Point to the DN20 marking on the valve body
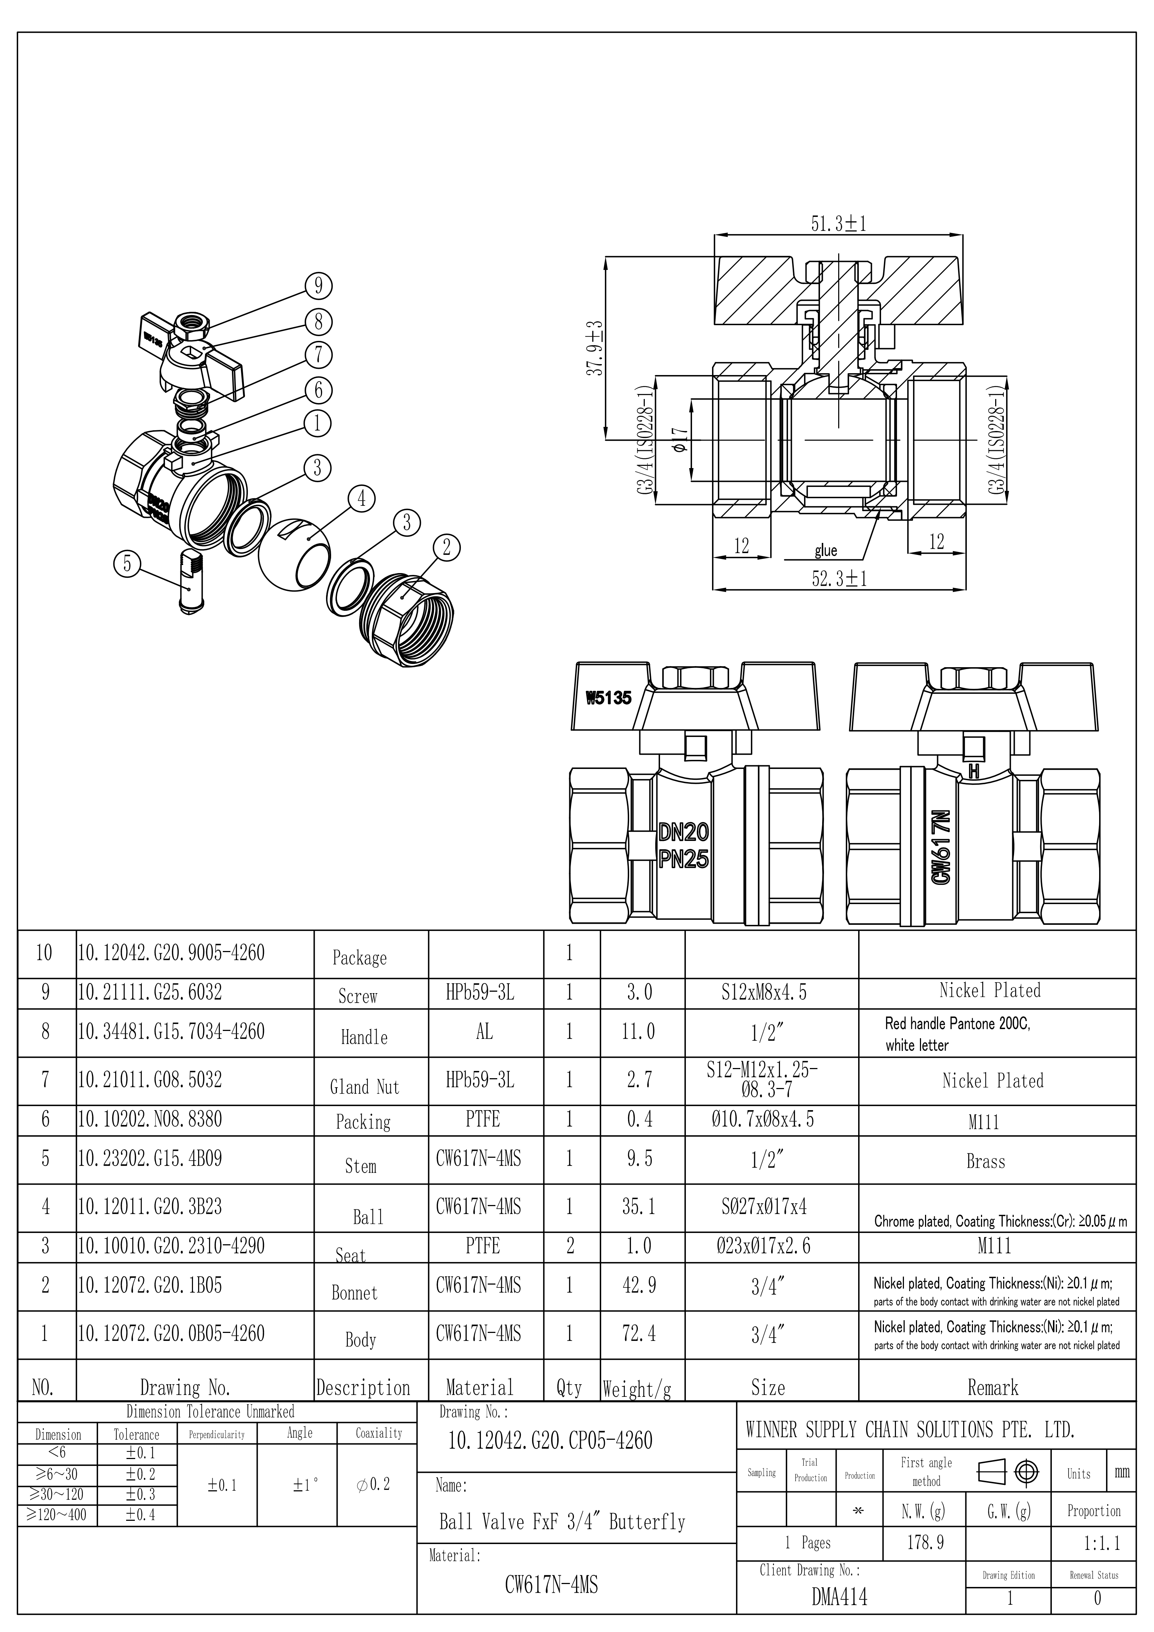683,832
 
